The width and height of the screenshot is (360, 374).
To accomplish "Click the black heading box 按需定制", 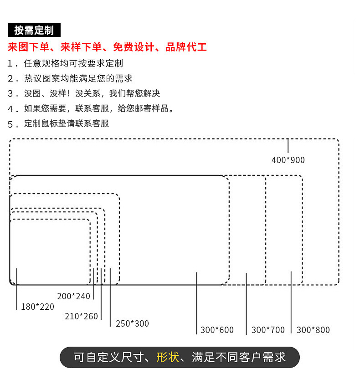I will click(x=34, y=31).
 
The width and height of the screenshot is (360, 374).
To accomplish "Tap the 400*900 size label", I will click(x=288, y=160).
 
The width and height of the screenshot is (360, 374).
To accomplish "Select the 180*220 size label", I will click(x=37, y=307).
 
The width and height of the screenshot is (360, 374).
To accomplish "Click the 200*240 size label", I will click(x=74, y=296).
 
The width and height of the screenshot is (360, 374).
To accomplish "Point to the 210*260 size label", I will click(x=81, y=316).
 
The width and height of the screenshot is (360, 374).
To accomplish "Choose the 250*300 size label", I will click(x=132, y=323).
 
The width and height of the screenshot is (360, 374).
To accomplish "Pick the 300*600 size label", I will click(x=217, y=330).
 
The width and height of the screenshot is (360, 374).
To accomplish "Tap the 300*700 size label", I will click(x=268, y=330).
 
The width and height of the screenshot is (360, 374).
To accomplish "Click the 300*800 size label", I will click(x=313, y=330).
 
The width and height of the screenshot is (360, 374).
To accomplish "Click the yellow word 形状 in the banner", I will click(x=168, y=357).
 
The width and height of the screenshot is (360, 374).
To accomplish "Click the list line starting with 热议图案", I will click(x=78, y=78).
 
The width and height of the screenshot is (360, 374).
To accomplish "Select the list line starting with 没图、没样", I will click(x=92, y=93).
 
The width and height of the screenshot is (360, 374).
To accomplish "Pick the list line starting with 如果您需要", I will click(x=99, y=108).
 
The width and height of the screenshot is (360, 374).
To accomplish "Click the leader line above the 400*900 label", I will click(x=288, y=146).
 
